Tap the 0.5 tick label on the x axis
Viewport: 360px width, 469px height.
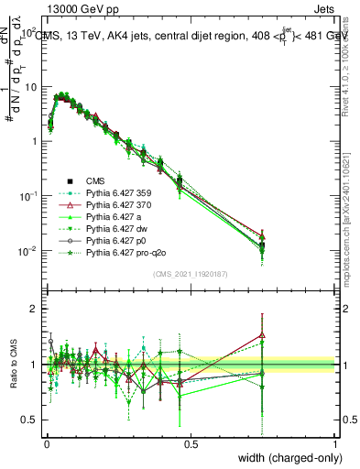[x=191, y=443]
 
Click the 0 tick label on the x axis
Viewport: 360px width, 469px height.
[x=46, y=443]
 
